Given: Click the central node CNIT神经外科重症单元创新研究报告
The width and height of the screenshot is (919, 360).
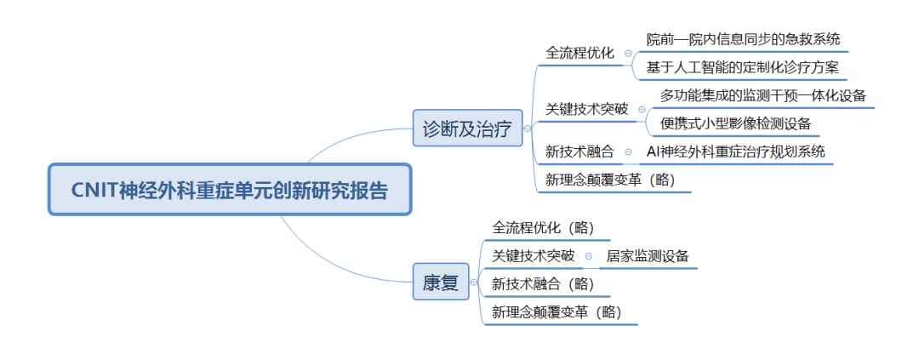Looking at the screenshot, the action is point(230,190).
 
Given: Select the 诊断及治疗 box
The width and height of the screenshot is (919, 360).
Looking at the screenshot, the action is point(467,127).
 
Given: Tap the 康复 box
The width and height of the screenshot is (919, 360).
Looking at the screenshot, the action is point(441,282).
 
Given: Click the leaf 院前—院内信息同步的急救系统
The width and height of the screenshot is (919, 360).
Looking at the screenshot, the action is point(743,39).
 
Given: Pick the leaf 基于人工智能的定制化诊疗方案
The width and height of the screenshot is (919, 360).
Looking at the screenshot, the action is point(743,67).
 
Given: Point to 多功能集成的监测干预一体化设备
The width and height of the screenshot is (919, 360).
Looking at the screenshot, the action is point(763,95).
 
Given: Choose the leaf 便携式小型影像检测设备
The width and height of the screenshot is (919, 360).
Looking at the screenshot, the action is point(735,123).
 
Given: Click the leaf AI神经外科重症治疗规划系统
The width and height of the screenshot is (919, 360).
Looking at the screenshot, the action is point(735,151).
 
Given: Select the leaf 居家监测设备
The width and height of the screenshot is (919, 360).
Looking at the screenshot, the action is point(647,255).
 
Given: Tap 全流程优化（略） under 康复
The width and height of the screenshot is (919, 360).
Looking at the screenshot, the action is point(543,227).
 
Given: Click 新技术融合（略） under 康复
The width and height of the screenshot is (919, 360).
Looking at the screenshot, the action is point(543,283).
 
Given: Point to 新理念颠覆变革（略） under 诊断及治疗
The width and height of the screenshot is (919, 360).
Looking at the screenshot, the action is point(610,180).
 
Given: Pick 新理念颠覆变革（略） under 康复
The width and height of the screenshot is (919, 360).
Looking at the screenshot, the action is point(557,312).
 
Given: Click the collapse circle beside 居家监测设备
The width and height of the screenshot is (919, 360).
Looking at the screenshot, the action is point(589,256).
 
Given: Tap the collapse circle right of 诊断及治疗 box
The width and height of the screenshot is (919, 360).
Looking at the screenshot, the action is point(528,128).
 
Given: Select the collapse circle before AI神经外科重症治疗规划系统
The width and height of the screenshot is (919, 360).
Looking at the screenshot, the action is point(628,151).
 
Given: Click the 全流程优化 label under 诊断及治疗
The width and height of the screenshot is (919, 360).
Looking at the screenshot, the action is point(579,54).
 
